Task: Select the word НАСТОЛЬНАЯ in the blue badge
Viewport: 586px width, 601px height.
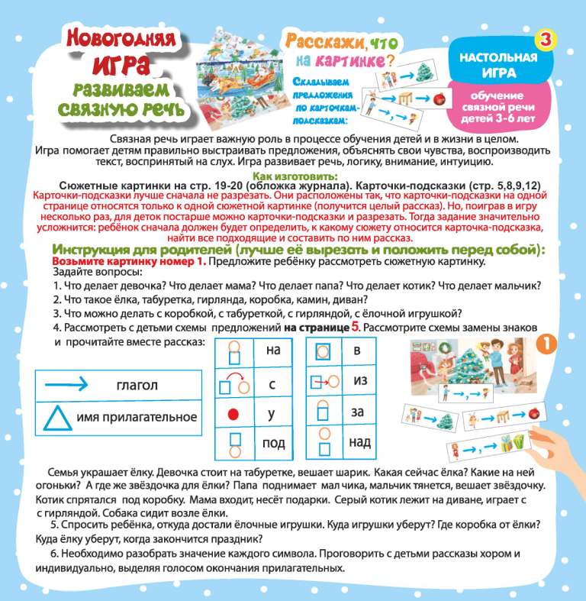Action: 498,59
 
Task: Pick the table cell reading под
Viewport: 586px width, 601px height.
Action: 272,442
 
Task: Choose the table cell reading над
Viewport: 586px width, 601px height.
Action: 359,441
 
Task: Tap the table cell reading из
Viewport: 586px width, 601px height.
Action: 359,380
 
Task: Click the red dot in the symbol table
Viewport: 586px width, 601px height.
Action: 234,413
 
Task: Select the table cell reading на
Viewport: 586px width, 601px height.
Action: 272,351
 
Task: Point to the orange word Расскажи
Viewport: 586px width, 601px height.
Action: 316,43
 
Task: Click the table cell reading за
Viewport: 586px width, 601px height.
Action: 359,412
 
